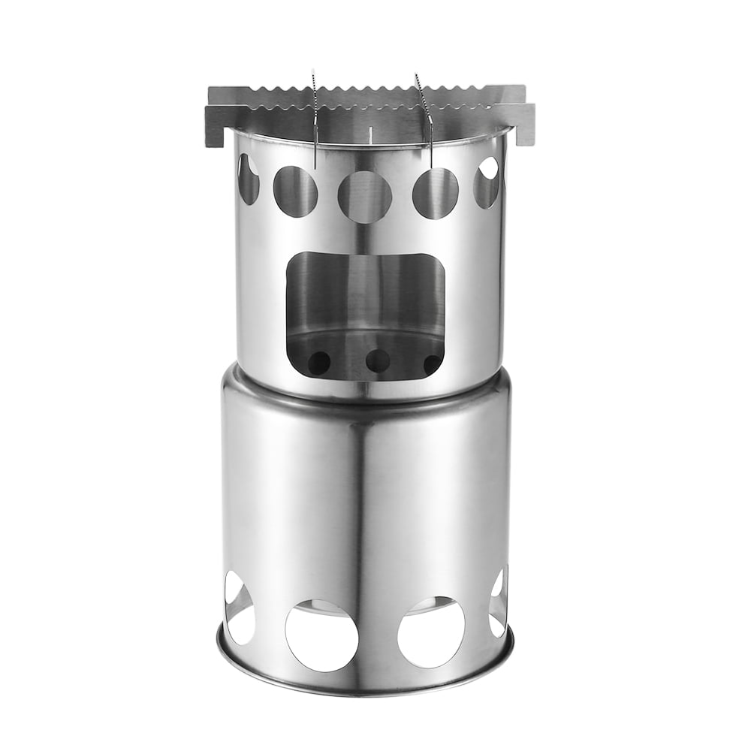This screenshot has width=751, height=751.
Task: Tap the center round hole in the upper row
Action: pyautogui.click(x=364, y=197)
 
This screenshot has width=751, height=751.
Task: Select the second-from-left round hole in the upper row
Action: pyautogui.click(x=294, y=192)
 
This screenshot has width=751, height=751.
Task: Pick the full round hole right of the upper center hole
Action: pyautogui.click(x=435, y=193)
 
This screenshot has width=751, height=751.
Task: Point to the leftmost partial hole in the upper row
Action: pyautogui.click(x=248, y=179)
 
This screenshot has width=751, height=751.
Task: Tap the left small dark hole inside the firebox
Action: pyautogui.click(x=318, y=363)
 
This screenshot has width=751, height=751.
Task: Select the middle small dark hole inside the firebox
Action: pyautogui.click(x=378, y=361)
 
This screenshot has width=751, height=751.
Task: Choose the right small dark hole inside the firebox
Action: pyautogui.click(x=433, y=363)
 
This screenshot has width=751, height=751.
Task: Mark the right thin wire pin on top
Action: pyautogui.click(x=425, y=113)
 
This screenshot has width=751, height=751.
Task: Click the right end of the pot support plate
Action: pyautogui.click(x=526, y=122)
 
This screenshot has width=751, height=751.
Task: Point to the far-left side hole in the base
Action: pyautogui.click(x=239, y=608)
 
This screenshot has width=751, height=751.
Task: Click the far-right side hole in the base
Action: pyautogui.click(x=498, y=602)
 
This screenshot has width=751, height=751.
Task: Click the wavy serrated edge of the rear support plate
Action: pyautogui.click(x=368, y=95)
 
